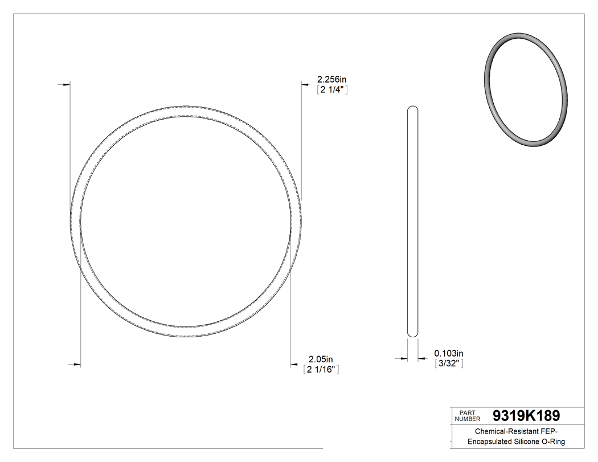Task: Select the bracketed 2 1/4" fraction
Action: pos(332,89)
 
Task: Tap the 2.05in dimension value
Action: pos(321,359)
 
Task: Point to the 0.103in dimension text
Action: pos(449,353)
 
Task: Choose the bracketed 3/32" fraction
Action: pos(449,363)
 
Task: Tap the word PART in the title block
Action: pos(467,412)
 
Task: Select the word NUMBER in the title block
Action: pos(468,419)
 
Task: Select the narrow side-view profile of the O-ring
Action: pos(413,221)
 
